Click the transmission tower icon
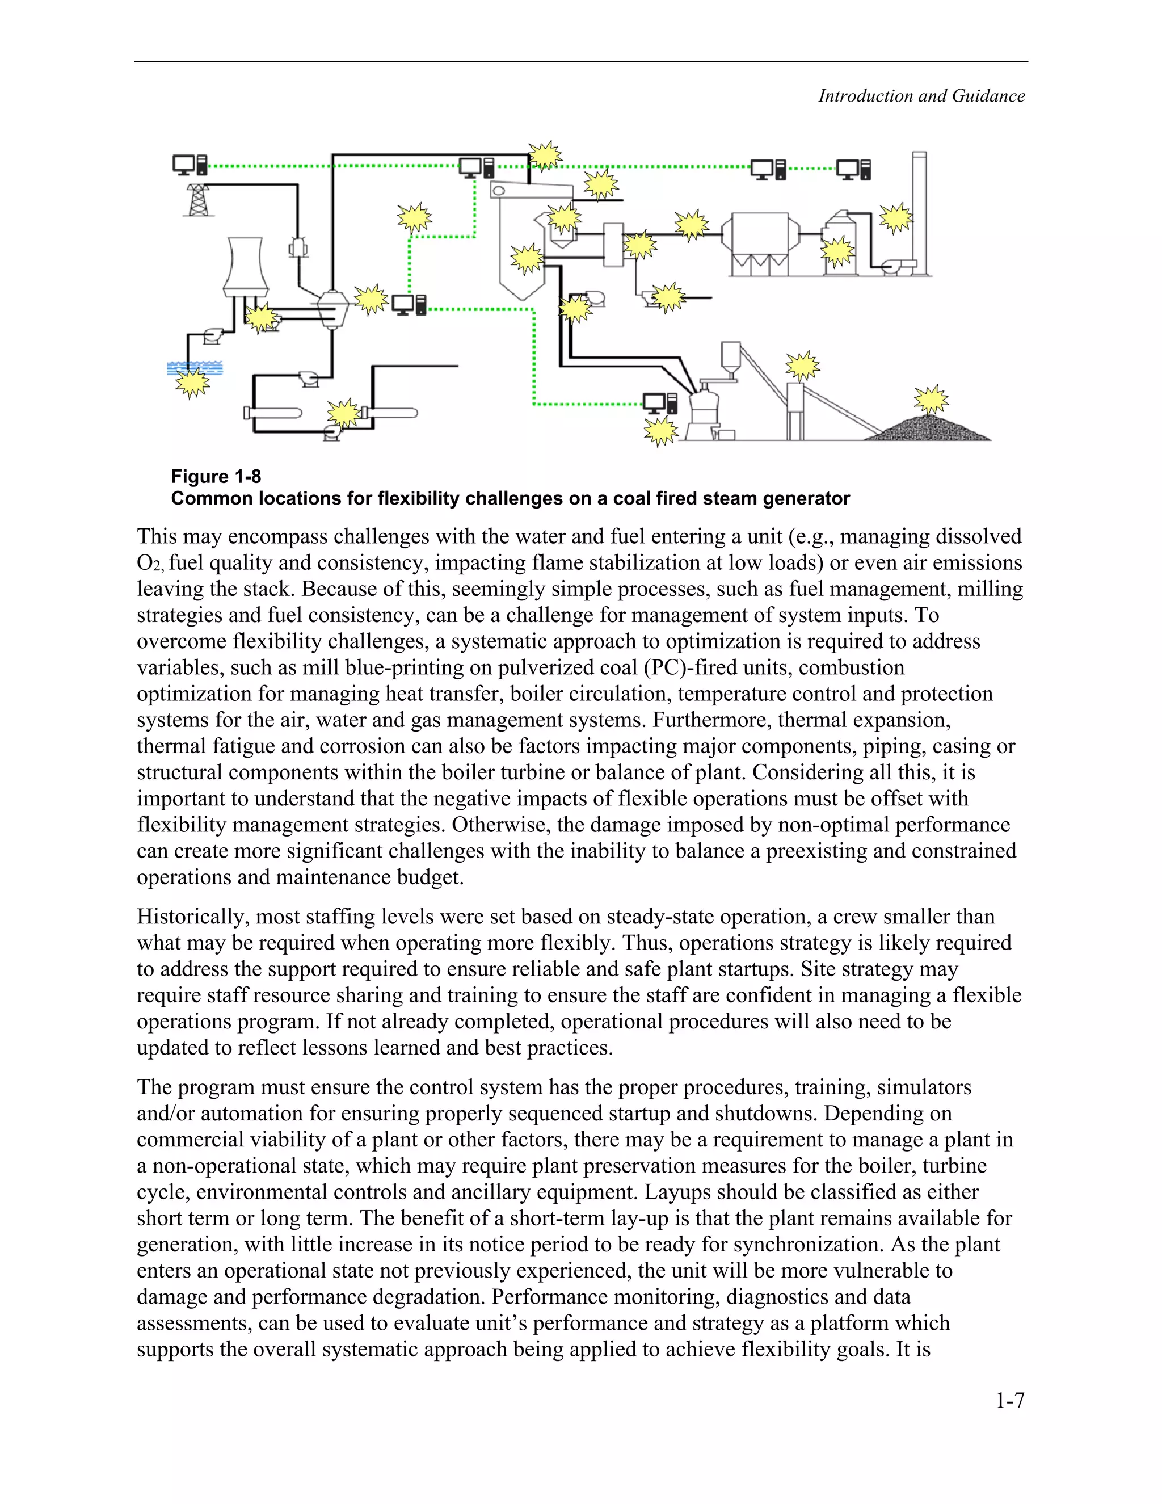tap(198, 200)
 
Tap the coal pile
tap(929, 428)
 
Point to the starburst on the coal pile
tap(931, 400)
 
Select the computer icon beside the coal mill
tap(659, 403)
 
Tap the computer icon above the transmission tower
tap(190, 165)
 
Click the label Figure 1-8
tap(216, 477)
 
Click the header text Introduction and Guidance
tap(921, 96)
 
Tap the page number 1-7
tap(1009, 1400)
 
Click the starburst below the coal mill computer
tap(660, 431)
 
